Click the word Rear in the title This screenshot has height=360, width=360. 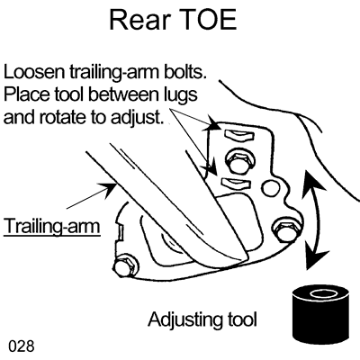140,20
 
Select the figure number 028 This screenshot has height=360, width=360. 22,346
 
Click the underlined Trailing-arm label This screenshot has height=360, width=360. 51,226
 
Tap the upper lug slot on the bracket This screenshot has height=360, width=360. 239,135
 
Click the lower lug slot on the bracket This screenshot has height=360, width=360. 237,184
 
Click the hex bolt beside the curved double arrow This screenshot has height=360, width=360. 285,229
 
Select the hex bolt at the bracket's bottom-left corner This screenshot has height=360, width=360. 126,265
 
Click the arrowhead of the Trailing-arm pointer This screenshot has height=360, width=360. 110,189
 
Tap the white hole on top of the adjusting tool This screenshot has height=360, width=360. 320,294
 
